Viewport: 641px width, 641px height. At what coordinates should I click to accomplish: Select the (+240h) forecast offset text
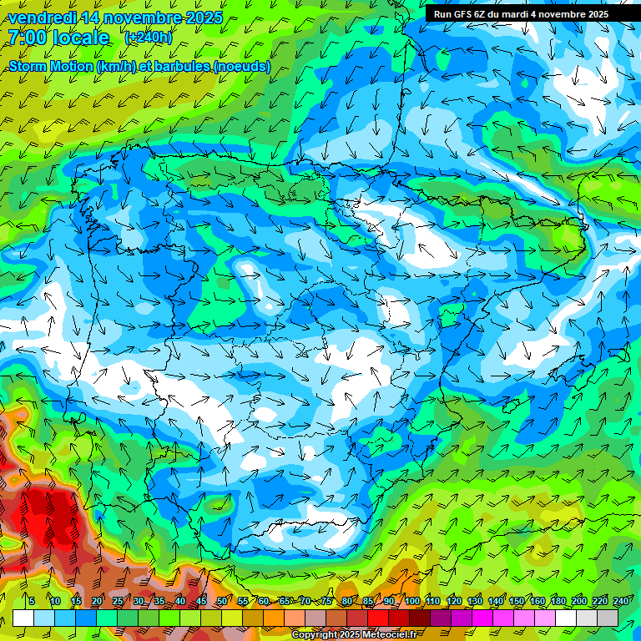click(148, 38)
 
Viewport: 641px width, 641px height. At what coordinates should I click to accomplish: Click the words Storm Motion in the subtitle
click(52, 66)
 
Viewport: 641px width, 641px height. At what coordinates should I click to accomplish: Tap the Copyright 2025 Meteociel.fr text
click(354, 635)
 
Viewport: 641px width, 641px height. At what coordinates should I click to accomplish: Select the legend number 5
click(31, 602)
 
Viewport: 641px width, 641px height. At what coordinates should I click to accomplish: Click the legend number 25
click(118, 602)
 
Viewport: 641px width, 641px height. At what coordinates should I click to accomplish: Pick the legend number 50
click(222, 602)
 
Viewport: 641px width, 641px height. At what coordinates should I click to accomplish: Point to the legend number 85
click(368, 602)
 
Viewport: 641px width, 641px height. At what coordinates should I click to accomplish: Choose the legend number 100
click(412, 602)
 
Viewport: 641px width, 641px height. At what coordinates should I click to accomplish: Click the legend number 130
click(475, 602)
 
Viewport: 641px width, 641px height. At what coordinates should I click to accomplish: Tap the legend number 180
click(558, 602)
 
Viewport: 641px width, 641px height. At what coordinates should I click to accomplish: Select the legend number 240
click(621, 602)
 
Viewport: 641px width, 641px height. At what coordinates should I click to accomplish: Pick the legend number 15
click(76, 602)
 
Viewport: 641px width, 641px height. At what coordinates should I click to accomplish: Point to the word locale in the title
click(81, 38)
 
